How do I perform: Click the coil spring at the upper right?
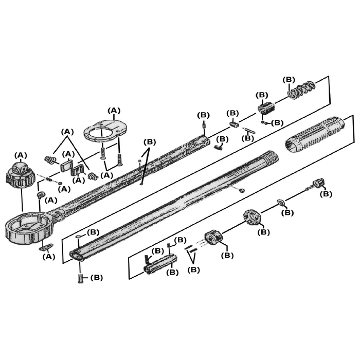pos(301,89)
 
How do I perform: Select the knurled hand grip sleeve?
pos(315,134)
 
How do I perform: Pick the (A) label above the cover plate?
pos(114,111)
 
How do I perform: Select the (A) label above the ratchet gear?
pos(21,155)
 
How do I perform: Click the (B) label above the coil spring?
pos(289,80)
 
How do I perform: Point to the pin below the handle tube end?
pos(80,278)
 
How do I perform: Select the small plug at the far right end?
pos(317,184)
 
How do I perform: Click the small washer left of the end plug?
pos(281,203)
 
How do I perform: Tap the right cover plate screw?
pos(120,159)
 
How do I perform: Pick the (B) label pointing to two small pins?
pos(193,270)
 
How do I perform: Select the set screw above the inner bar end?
pos(204,127)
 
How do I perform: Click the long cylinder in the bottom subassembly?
pos(160,263)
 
